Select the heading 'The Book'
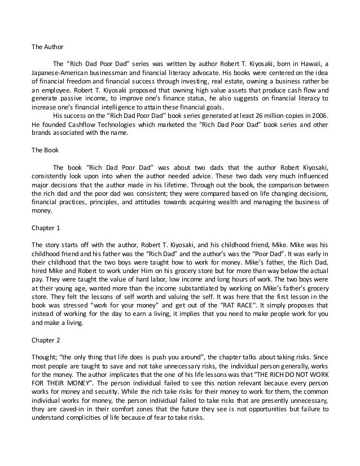[42, 151]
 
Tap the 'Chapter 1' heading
[45, 230]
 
